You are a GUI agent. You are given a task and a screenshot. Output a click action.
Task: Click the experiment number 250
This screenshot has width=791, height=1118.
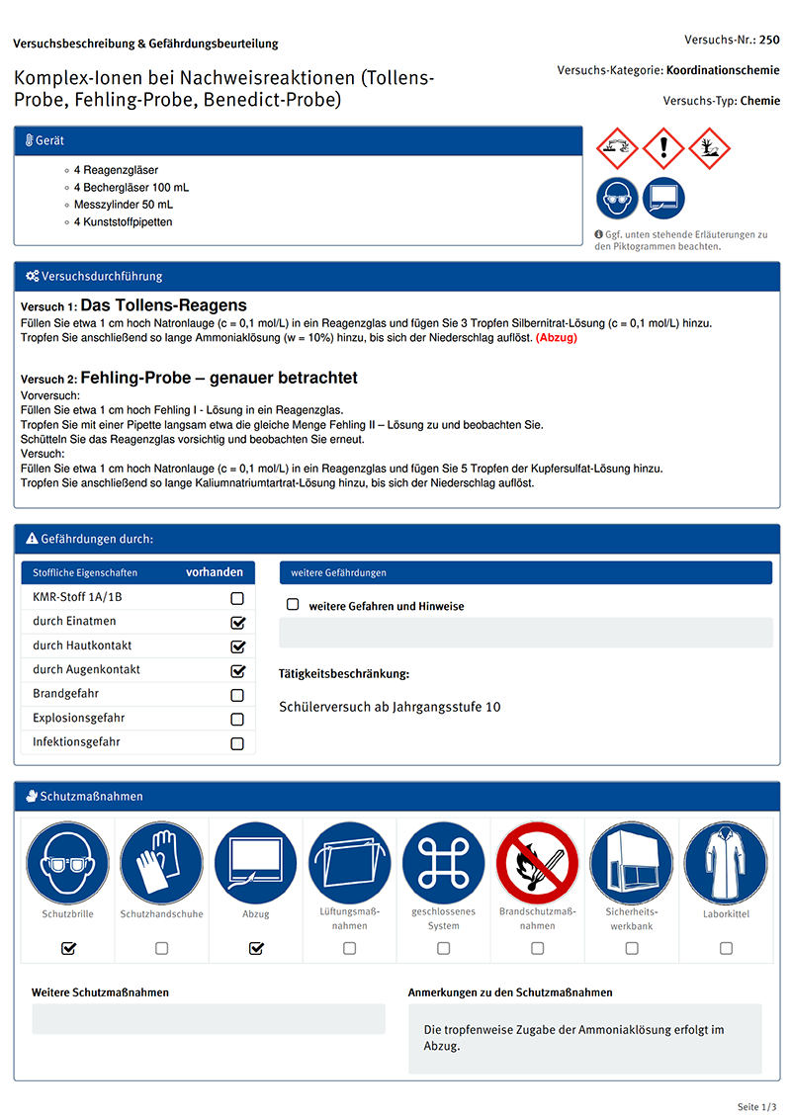pyautogui.click(x=769, y=41)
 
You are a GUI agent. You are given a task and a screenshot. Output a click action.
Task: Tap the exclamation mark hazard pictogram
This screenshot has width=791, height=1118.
pyautogui.click(x=663, y=149)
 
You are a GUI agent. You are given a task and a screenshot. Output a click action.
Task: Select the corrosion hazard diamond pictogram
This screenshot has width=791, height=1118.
pyautogui.click(x=618, y=149)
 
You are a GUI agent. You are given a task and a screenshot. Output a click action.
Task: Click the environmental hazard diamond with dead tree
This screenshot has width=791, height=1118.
pyautogui.click(x=709, y=149)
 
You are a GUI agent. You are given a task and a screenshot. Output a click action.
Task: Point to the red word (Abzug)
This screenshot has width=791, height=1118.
pyautogui.click(x=557, y=338)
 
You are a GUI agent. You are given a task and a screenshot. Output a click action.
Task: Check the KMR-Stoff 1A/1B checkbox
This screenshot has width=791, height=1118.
pyautogui.click(x=237, y=598)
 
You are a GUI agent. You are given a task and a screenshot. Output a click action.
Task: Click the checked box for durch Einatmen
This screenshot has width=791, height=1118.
pyautogui.click(x=237, y=623)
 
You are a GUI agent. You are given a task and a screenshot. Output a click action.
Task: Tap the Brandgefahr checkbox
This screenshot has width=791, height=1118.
pyautogui.click(x=237, y=695)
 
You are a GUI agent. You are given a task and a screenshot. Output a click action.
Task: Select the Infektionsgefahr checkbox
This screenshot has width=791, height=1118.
pyautogui.click(x=237, y=743)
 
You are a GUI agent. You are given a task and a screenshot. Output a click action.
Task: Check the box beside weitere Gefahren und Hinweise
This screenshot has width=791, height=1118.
pyautogui.click(x=293, y=605)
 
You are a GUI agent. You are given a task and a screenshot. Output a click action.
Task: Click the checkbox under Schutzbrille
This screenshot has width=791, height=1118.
pyautogui.click(x=68, y=948)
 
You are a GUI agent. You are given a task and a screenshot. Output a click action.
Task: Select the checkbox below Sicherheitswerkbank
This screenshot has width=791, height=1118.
pyautogui.click(x=632, y=948)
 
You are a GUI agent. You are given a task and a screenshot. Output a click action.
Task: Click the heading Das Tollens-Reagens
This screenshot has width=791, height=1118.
pyautogui.click(x=163, y=305)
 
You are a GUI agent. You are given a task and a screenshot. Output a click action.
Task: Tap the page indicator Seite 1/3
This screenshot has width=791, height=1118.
pyautogui.click(x=757, y=1105)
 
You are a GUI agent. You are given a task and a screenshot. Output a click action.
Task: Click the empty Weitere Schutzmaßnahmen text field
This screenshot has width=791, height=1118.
pyautogui.click(x=209, y=1019)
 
